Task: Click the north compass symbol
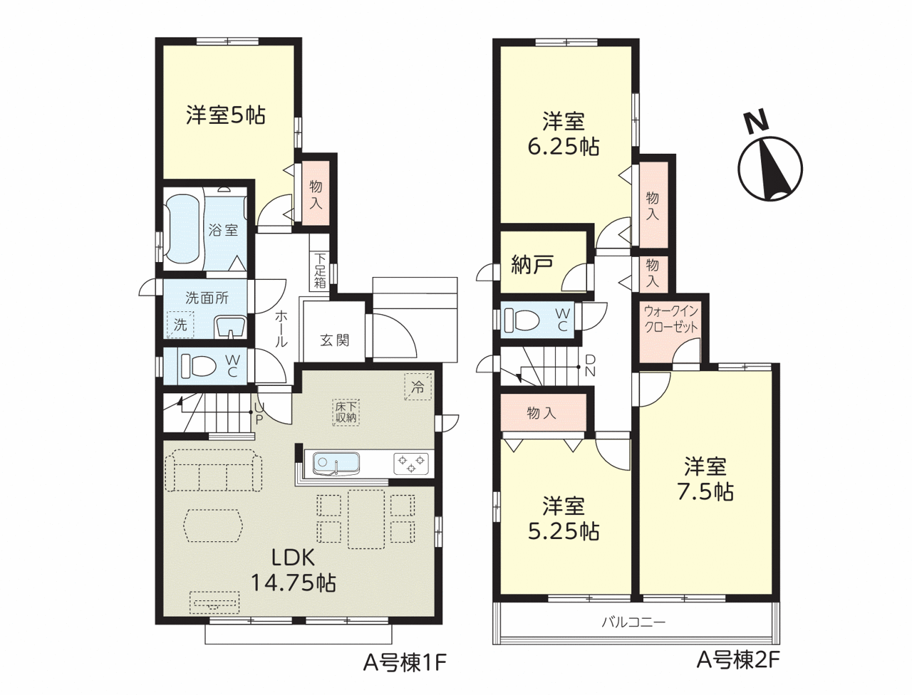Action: [770, 162]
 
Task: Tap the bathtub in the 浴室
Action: [183, 231]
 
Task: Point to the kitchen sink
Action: [336, 464]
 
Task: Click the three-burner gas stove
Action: [411, 464]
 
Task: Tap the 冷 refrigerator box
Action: [418, 387]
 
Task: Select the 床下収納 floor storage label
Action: [346, 412]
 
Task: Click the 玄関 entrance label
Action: [334, 340]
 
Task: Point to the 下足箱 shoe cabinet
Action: [319, 271]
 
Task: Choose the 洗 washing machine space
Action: [180, 324]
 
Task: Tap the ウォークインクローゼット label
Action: [670, 319]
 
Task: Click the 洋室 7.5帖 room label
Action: [705, 479]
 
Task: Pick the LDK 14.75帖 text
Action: [294, 570]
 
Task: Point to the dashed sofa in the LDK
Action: [214, 471]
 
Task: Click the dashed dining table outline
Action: [366, 519]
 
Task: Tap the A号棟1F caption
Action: [405, 663]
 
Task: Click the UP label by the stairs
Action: [259, 414]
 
